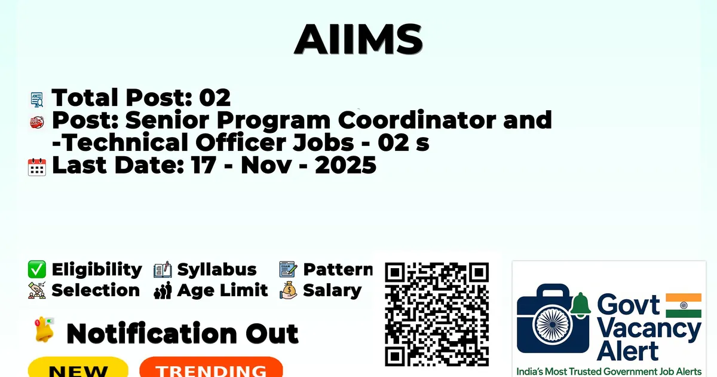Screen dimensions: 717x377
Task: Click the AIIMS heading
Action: pos(358,39)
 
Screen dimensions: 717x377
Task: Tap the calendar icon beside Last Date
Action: pos(37,167)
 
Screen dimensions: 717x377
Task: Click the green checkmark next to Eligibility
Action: pos(37,269)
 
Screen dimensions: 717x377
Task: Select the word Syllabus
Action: pos(217,270)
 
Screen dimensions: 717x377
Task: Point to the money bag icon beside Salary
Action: pos(289,290)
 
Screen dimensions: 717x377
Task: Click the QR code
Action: pos(437,314)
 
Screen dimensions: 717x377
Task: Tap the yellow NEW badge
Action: pos(78,368)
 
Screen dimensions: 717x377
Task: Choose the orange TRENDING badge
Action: pos(212,368)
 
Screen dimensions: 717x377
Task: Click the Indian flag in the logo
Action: pos(684,305)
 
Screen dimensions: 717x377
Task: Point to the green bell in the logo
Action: pos(580,305)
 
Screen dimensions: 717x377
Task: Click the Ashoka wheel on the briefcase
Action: pos(553,324)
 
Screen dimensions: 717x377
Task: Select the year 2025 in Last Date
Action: pos(345,165)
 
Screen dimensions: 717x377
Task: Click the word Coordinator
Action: pos(417,120)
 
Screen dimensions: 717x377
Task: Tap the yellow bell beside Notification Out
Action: pos(44,330)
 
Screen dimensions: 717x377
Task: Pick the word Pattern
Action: pos(338,270)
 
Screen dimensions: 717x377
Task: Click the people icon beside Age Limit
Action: pos(163,290)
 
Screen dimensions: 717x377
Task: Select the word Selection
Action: pos(96,290)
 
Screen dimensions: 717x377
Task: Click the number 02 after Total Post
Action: pos(215,98)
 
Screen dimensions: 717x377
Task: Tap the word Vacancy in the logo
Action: pos(649,330)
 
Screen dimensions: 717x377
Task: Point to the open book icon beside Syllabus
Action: pos(163,270)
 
